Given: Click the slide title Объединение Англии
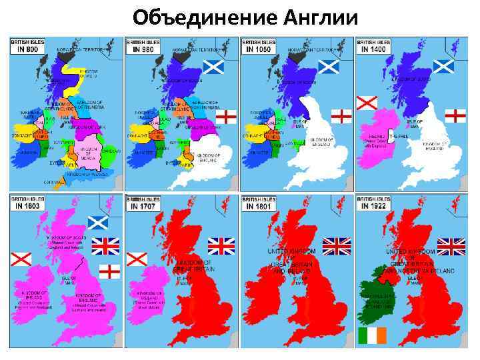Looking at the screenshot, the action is pos(245,16).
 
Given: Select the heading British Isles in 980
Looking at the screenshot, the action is pos(143,45).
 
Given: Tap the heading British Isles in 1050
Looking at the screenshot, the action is pos(259,45).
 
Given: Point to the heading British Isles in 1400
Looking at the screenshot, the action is pos(374,45).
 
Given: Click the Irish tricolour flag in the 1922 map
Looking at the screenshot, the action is pos(372,335).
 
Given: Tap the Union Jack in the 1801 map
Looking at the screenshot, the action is pos(337,246).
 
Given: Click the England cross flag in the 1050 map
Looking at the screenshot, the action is pos(341,116).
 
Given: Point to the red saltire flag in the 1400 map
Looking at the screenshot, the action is pos(367,103).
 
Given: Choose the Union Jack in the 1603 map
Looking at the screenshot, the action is pos(105,246).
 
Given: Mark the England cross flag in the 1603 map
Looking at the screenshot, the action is pos(109,271).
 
